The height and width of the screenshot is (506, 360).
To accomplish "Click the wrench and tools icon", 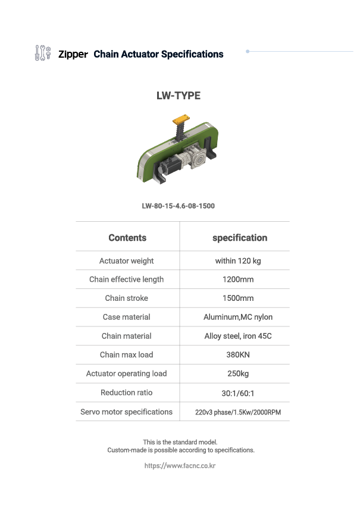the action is click(43, 53).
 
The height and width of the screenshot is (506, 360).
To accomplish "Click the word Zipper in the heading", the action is click(73, 54).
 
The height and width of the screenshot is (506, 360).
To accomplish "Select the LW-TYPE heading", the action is click(179, 96).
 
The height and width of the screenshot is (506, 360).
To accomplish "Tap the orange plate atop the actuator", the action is click(181, 120).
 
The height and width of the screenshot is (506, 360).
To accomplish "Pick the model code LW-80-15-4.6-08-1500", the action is click(179, 206).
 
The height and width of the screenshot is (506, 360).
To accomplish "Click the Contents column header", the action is click(127, 238).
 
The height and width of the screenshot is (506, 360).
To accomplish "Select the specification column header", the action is click(240, 238).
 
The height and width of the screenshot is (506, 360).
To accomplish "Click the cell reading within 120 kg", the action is click(238, 261).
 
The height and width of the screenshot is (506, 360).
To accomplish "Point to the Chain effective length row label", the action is click(127, 279).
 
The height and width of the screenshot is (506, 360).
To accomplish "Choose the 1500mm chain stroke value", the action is click(238, 298).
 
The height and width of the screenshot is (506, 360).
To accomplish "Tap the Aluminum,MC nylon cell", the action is click(238, 318).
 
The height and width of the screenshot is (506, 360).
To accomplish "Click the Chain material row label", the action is click(127, 336).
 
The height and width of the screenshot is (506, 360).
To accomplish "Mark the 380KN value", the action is click(238, 354).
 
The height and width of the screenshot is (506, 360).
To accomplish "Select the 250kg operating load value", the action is click(238, 373).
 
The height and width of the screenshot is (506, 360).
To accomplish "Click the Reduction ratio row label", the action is click(127, 392).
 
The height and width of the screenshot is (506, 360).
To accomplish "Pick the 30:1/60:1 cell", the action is click(238, 393).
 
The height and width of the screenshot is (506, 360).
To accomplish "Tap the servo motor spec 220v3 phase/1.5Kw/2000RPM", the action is click(238, 412).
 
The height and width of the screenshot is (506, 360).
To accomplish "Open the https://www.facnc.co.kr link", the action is click(180, 466).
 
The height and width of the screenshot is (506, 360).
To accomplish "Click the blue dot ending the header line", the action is click(248, 51).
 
